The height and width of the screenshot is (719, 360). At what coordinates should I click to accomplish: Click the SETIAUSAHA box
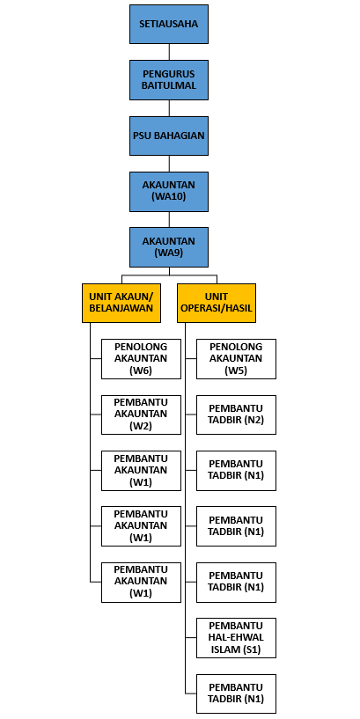pyautogui.click(x=169, y=25)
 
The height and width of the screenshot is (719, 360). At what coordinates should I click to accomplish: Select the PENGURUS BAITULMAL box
pyautogui.click(x=169, y=80)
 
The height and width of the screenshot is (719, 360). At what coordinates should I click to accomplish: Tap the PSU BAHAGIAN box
pyautogui.click(x=169, y=136)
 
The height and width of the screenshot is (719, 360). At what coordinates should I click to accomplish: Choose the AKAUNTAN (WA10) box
pyautogui.click(x=169, y=191)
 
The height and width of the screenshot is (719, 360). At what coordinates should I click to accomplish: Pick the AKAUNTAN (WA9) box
pyautogui.click(x=169, y=247)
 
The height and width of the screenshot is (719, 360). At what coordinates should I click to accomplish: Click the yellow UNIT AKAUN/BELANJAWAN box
pyautogui.click(x=121, y=303)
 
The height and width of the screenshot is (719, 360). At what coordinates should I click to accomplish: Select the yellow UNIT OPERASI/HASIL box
pyautogui.click(x=217, y=303)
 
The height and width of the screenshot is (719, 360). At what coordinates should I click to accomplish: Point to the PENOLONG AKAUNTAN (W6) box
pyautogui.click(x=141, y=359)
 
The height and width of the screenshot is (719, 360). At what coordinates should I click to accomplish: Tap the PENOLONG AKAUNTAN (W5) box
pyautogui.click(x=236, y=359)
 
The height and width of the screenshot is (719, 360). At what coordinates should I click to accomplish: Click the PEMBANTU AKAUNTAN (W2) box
pyautogui.click(x=141, y=415)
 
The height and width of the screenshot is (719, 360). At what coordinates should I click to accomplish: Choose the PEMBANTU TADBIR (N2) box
pyautogui.click(x=236, y=415)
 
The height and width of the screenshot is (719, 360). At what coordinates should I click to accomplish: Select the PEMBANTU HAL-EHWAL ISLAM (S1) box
pyautogui.click(x=236, y=638)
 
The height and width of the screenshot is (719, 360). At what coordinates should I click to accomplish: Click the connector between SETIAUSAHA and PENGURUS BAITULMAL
pyautogui.click(x=169, y=52)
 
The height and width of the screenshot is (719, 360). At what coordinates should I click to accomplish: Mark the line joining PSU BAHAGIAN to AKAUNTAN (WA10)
pyautogui.click(x=169, y=163)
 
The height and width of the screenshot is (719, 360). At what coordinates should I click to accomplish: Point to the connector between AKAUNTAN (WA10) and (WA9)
pyautogui.click(x=169, y=219)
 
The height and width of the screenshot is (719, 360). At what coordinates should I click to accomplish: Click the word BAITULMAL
pyautogui.click(x=169, y=85)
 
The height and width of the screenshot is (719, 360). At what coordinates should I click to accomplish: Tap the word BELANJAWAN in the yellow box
pyautogui.click(x=121, y=308)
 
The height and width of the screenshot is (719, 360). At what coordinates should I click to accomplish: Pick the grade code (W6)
pyautogui.click(x=141, y=371)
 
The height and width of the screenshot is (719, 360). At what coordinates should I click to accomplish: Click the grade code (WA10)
pyautogui.click(x=169, y=197)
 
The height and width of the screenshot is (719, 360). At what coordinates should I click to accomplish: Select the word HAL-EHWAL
pyautogui.click(x=236, y=637)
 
